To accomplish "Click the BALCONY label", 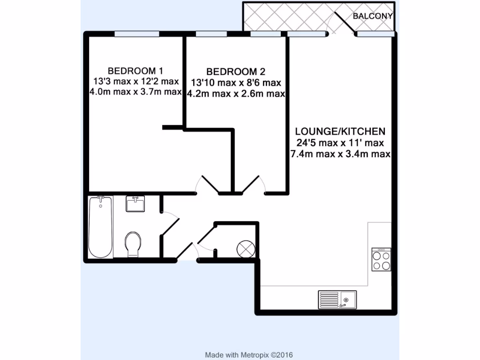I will tap(373, 16).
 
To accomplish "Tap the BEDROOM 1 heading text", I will tap(135, 71).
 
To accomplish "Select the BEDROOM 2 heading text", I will tap(236, 72).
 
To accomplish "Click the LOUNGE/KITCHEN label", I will tap(340, 131).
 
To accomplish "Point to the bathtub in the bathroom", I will tap(100, 227).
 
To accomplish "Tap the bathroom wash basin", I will tap(135, 204).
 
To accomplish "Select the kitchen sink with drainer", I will tap(337, 299).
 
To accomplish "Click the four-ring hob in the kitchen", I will tap(381, 259).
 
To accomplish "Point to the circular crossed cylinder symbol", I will tap(246, 248).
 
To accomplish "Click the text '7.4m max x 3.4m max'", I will tap(340, 154).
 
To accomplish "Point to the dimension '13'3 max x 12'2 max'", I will tap(136, 82).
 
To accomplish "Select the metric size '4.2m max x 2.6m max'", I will tap(236, 94).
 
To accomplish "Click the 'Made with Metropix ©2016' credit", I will tap(249, 355).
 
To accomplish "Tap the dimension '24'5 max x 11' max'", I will tap(340, 142).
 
